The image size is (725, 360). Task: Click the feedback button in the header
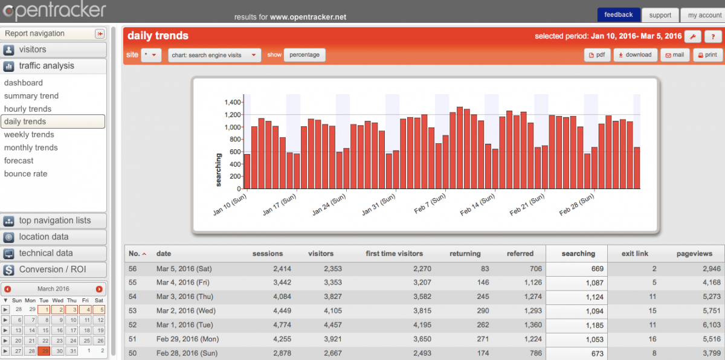618,14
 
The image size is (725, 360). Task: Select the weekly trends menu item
29,135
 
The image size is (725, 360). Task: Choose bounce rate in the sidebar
25,174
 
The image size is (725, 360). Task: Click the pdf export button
597,55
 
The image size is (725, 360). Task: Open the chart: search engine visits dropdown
214,55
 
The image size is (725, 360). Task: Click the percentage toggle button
304,55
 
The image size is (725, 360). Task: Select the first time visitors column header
395,254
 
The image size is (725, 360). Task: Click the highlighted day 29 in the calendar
44,351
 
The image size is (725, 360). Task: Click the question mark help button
713,36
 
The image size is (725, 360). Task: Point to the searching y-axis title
219,170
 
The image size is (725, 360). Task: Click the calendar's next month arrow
99,289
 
